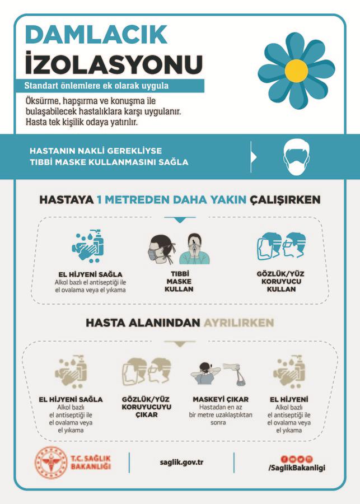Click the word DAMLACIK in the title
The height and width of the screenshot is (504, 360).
[96, 35]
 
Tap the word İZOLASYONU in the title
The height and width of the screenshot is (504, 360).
[113, 63]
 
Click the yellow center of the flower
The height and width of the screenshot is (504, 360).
[296, 70]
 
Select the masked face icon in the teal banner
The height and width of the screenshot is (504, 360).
[297, 157]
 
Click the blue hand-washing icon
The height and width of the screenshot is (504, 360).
[88, 245]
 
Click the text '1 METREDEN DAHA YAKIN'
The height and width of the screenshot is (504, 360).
[171, 200]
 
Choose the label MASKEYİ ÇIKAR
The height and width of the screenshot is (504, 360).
[220, 399]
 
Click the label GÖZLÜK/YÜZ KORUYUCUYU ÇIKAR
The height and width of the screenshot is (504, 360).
[146, 407]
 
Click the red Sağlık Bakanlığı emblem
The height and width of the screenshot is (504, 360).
[50, 461]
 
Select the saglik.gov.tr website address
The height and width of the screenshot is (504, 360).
[181, 462]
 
